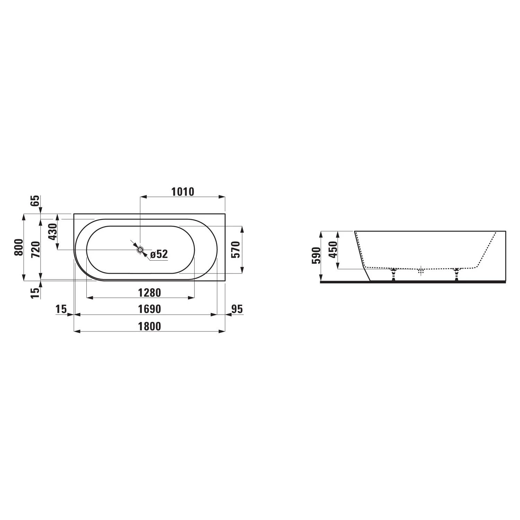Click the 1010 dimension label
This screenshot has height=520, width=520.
pyautogui.click(x=183, y=191)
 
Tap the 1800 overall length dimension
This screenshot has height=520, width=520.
pyautogui.click(x=150, y=326)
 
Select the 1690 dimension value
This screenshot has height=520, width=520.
pyautogui.click(x=150, y=309)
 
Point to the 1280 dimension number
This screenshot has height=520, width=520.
pyautogui.click(x=150, y=293)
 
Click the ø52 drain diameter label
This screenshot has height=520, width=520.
pyautogui.click(x=159, y=254)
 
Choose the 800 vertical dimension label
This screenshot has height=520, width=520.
pyautogui.click(x=19, y=247)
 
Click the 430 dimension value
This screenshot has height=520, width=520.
pyautogui.click(x=52, y=232)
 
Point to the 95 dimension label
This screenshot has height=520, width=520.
pyautogui.click(x=237, y=309)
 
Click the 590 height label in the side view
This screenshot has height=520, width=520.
pyautogui.click(x=316, y=256)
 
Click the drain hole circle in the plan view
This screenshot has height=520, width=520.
pyautogui.click(x=140, y=250)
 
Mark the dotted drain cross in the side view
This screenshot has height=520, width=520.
pyautogui.click(x=421, y=271)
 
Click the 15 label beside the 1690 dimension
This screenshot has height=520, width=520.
pyautogui.click(x=61, y=309)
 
